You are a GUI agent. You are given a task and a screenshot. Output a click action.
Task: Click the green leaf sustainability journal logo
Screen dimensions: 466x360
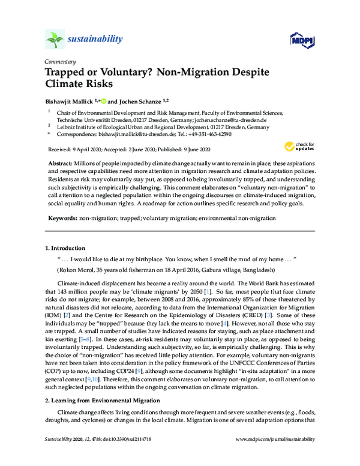(x=55, y=40)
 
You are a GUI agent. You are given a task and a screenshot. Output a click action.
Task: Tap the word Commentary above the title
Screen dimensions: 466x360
(x=60, y=62)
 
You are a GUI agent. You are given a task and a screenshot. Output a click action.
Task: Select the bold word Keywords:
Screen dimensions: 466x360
(x=65, y=219)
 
